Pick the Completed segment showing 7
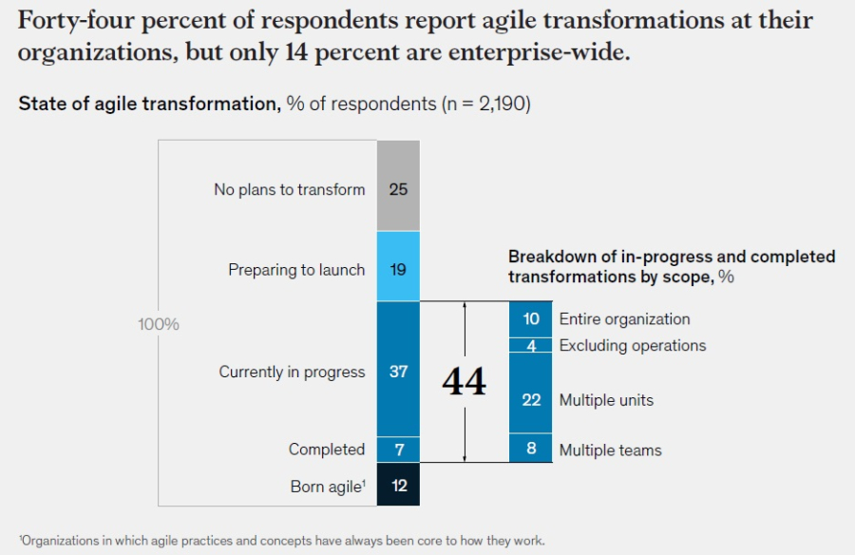[x=398, y=449]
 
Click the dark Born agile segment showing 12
[x=398, y=485]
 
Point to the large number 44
[x=464, y=382]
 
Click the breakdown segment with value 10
[x=531, y=319]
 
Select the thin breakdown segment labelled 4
[x=531, y=346]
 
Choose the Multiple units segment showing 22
[x=531, y=399]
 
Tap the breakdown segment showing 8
[x=531, y=450]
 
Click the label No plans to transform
[x=290, y=189]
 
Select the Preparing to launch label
[x=296, y=270]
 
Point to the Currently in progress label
[x=292, y=372]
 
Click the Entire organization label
[x=624, y=319]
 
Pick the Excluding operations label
[x=633, y=345]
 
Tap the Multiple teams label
[x=610, y=450]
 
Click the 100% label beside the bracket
[x=158, y=324]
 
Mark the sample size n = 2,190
[x=485, y=104]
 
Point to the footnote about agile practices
[x=282, y=541]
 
